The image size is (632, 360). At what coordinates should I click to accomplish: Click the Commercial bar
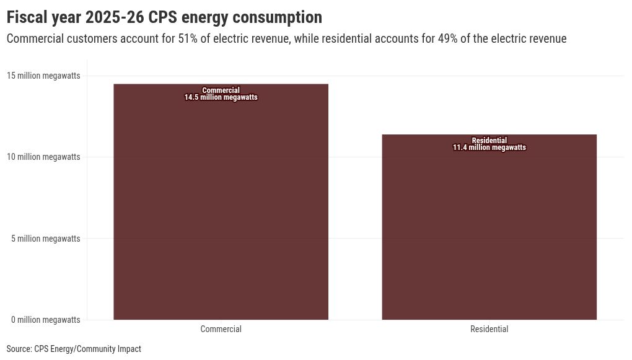(x=221, y=204)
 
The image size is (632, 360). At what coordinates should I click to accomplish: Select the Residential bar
(x=489, y=229)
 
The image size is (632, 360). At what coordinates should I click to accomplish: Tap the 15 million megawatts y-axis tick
(x=43, y=76)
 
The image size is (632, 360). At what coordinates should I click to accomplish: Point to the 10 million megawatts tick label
(x=43, y=157)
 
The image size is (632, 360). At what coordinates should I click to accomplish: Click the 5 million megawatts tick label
(x=45, y=238)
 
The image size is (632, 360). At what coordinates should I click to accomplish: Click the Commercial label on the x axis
(x=221, y=329)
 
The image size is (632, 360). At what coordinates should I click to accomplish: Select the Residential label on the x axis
(x=489, y=329)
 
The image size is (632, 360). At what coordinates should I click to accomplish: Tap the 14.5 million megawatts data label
(x=221, y=97)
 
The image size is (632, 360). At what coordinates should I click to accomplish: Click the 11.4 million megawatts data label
(x=489, y=147)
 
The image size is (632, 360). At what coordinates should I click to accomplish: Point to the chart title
(x=164, y=17)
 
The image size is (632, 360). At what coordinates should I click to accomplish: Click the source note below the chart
(x=74, y=349)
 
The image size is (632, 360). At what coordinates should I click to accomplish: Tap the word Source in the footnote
(x=19, y=349)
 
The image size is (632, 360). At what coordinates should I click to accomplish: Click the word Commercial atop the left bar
(x=221, y=90)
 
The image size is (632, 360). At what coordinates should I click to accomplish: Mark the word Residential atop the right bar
(x=489, y=141)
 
